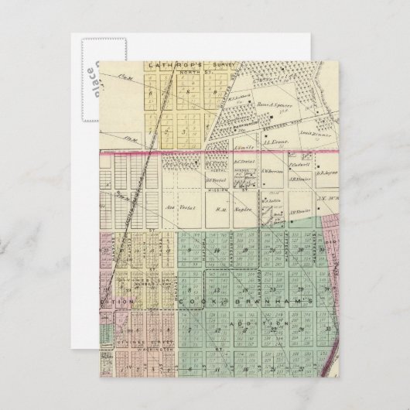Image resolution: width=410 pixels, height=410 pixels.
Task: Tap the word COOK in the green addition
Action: pyautogui.click(x=191, y=300)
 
